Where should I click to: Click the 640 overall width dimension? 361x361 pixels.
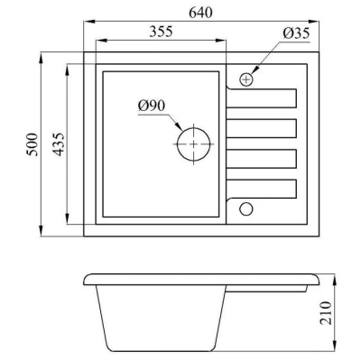200,13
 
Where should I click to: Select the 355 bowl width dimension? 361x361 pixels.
161,32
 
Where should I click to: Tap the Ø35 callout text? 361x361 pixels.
296,32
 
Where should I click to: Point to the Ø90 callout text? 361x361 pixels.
152,106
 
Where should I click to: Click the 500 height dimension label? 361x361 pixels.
32,144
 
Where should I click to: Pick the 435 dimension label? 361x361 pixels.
58,144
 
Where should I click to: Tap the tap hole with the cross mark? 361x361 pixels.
246,79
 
